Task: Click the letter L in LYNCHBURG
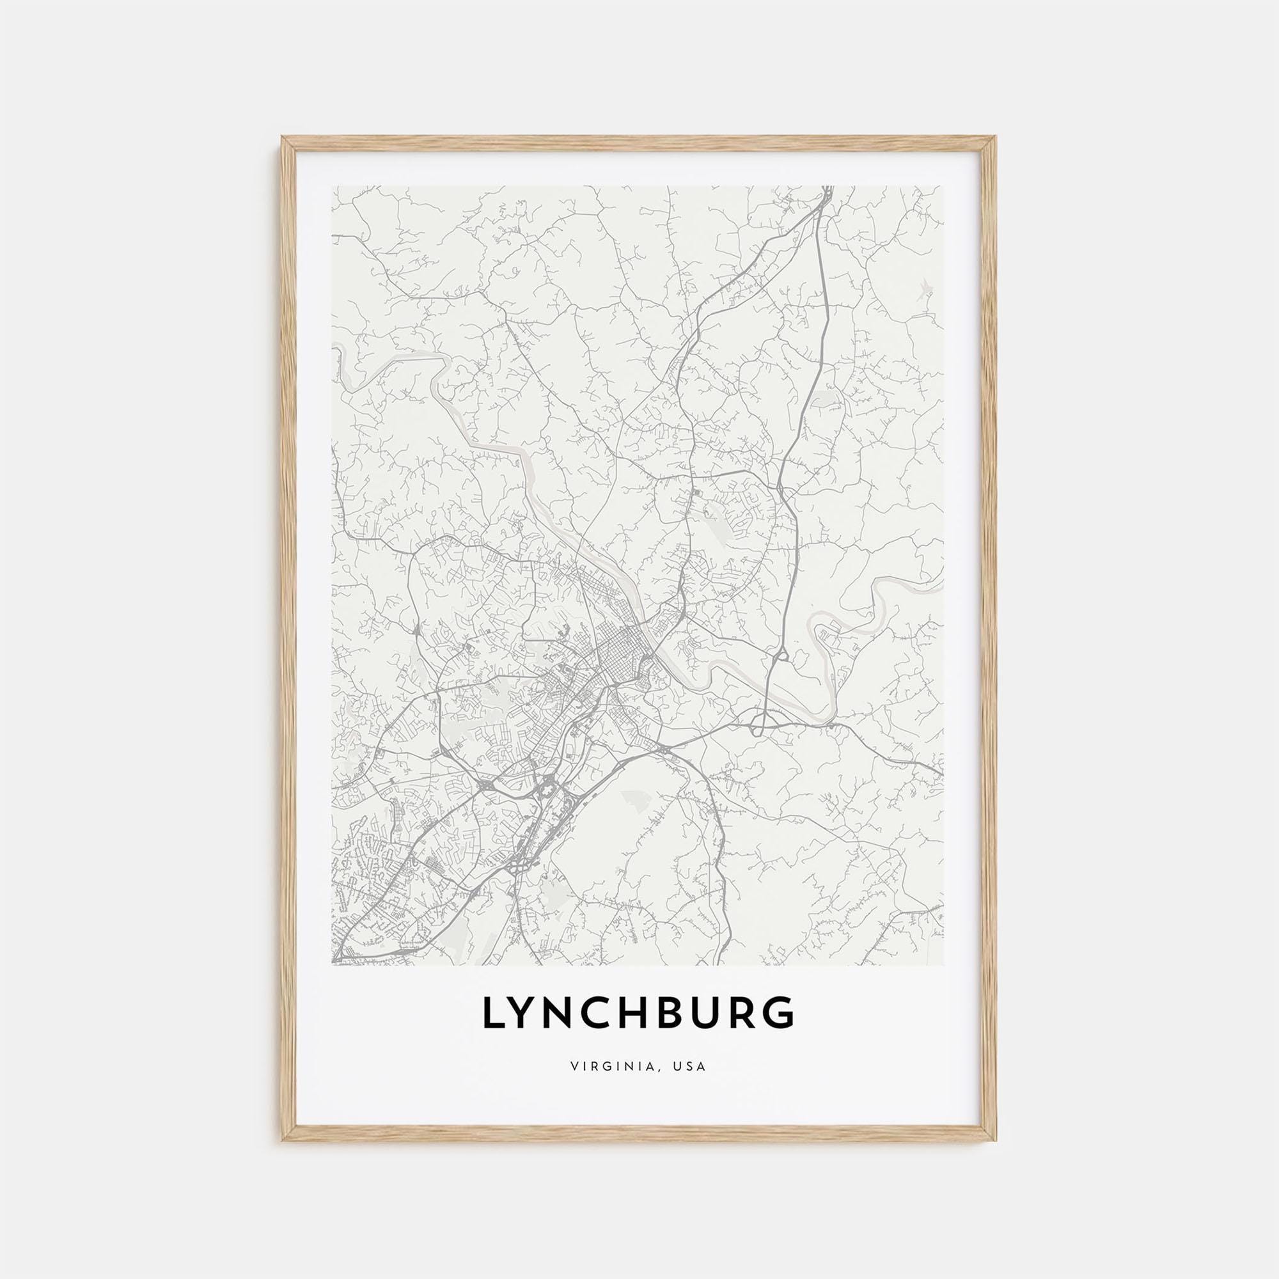(494, 1031)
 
